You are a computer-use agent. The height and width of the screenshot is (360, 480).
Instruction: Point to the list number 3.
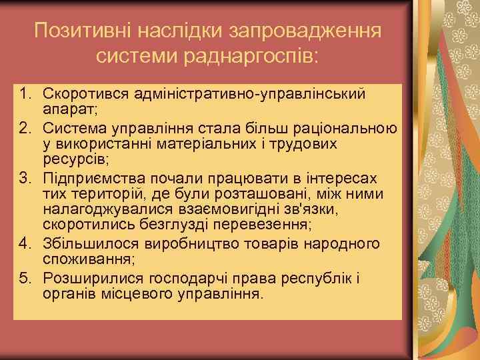click(x=24, y=179)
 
